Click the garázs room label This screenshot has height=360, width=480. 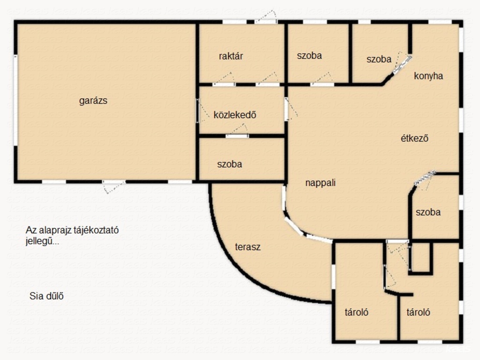[x=93, y=101]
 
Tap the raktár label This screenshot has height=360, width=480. [x=231, y=56]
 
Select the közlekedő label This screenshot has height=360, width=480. [x=235, y=115]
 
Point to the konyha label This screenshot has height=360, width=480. [x=428, y=76]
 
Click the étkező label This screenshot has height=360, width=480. [x=414, y=138]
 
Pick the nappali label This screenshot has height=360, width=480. [x=321, y=183]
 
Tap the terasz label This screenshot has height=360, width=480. [x=247, y=247]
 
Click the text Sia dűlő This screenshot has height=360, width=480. [x=46, y=296]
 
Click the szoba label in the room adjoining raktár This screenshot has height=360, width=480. [x=309, y=55]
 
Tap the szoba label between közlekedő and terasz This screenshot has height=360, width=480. [x=230, y=164]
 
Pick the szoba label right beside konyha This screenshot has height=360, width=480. [x=379, y=59]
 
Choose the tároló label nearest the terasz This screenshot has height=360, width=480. [x=356, y=312]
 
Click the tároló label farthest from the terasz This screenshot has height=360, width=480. [x=418, y=312]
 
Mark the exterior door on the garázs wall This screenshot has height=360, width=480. [x=114, y=185]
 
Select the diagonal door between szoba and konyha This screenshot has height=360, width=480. [x=402, y=64]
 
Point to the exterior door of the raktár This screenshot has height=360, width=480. [x=266, y=18]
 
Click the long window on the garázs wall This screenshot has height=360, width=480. [x=15, y=101]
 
